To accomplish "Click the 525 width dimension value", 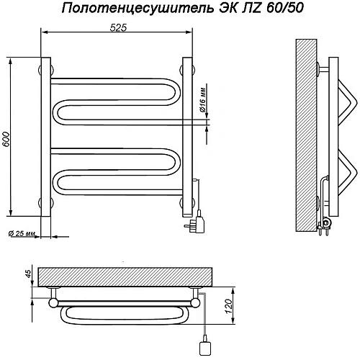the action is [118, 28].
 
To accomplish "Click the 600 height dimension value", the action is [6, 139].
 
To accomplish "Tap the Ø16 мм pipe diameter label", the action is [203, 100].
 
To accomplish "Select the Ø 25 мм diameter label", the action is [22, 233].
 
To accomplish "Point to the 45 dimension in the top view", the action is [28, 274].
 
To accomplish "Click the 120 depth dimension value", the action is [228, 306].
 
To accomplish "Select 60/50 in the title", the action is [284, 8].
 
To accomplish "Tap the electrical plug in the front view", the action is [196, 223].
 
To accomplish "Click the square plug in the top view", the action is [205, 347].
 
